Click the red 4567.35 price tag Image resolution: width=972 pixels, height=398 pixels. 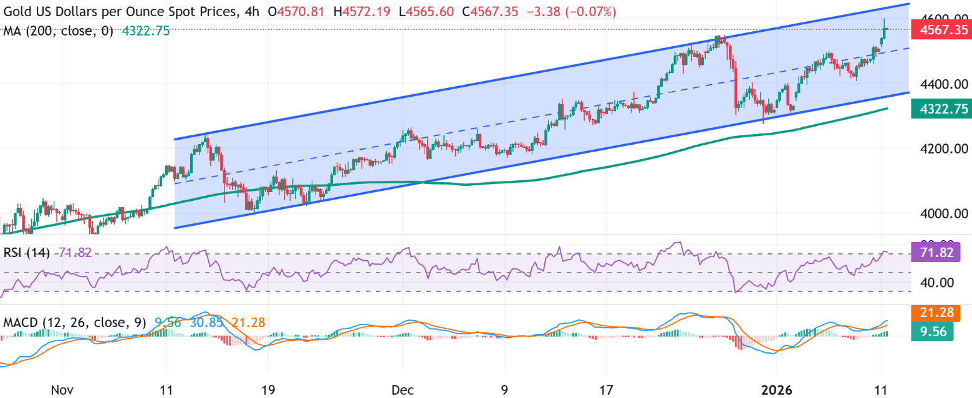pyautogui.click(x=940, y=29)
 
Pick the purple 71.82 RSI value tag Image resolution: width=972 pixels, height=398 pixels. pyautogui.click(x=940, y=253)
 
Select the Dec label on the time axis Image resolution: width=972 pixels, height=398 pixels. pyautogui.click(x=404, y=390)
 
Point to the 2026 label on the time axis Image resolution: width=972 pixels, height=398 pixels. pyautogui.click(x=777, y=390)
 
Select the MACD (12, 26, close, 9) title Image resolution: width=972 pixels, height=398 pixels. pyautogui.click(x=74, y=323)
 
